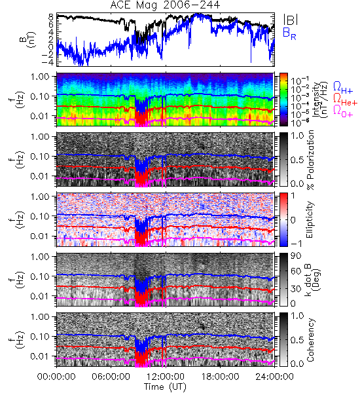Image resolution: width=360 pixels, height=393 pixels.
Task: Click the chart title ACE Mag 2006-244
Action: [x=165, y=5]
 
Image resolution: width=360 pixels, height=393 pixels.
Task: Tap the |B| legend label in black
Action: [x=291, y=20]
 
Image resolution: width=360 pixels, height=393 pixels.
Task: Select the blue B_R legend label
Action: [x=289, y=34]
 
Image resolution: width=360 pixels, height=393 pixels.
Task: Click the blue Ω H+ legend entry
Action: [x=343, y=88]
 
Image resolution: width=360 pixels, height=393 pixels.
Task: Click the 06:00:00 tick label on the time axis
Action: [x=111, y=377]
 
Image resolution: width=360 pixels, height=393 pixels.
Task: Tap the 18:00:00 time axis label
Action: [x=220, y=377]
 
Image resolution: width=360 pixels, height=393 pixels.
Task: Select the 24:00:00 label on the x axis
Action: [x=274, y=377]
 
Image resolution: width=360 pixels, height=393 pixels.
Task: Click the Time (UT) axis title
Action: [x=165, y=386]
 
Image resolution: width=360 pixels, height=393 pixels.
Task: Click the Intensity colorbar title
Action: [x=321, y=100]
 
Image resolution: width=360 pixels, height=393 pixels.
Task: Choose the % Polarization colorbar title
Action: [x=310, y=160]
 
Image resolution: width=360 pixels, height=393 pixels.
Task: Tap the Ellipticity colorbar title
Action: [x=310, y=220]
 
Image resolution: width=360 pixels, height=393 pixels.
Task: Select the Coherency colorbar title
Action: [x=310, y=340]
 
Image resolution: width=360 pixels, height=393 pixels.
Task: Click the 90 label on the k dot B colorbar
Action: [x=296, y=256]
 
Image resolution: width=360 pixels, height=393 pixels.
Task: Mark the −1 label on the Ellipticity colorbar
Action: [x=296, y=244]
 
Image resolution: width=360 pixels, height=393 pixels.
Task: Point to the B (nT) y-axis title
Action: [x=28, y=39]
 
